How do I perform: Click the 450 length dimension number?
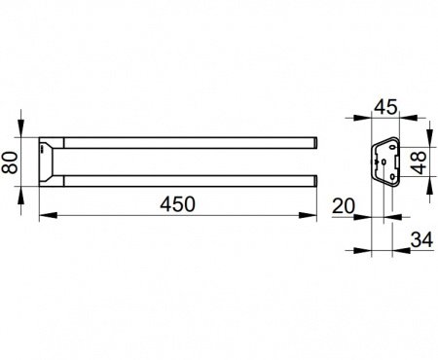[x=177, y=204]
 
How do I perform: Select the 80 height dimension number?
[x=10, y=162]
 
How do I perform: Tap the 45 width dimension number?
[x=385, y=107]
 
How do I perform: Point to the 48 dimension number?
[x=420, y=162]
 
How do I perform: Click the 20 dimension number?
[x=344, y=206]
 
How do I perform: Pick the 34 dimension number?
[x=421, y=240]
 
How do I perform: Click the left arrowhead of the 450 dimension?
[x=48, y=215]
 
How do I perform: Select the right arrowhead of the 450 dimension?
[x=308, y=215]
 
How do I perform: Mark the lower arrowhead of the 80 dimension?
[x=20, y=196]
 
